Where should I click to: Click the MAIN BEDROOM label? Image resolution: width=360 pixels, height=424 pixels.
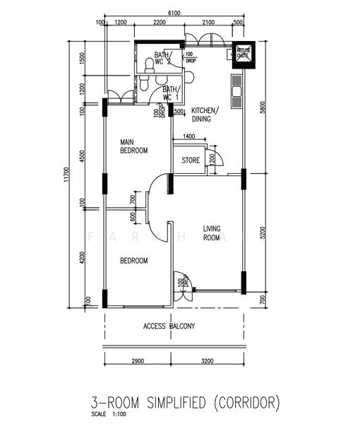pyautogui.click(x=133, y=146)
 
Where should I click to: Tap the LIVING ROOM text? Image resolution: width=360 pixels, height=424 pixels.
pyautogui.click(x=212, y=233)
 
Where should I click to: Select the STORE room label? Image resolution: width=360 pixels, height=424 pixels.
pyautogui.click(x=191, y=160)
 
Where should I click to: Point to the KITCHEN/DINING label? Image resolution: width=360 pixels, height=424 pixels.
pyautogui.click(x=206, y=114)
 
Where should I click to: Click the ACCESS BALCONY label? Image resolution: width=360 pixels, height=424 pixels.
pyautogui.click(x=169, y=326)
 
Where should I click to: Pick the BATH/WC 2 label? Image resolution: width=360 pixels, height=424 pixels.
pyautogui.click(x=163, y=59)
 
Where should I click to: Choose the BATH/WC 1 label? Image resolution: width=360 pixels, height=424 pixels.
pyautogui.click(x=171, y=93)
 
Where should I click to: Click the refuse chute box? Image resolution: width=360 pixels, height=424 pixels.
pyautogui.click(x=244, y=54)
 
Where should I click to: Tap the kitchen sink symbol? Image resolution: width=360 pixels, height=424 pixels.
pyautogui.click(x=235, y=89)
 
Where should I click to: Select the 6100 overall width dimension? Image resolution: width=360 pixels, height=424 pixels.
pyautogui.click(x=174, y=13)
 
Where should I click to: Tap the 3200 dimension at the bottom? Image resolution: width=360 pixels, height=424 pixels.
pyautogui.click(x=207, y=361)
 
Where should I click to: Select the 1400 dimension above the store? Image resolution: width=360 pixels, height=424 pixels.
pyautogui.click(x=188, y=136)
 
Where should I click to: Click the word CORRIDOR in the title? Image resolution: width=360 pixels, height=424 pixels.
pyautogui.click(x=246, y=403)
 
